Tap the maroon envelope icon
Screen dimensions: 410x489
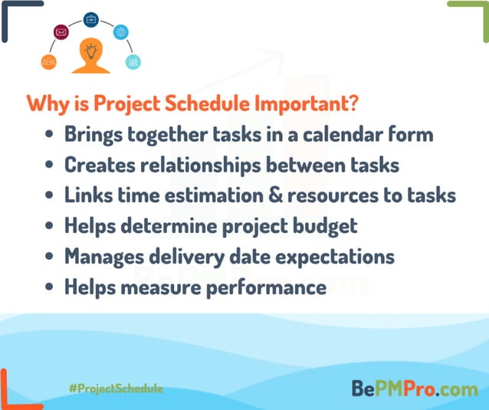(x=61, y=32)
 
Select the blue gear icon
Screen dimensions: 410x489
(x=121, y=32)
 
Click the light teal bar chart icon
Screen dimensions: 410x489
(x=133, y=61)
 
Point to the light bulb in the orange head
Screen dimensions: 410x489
(x=91, y=51)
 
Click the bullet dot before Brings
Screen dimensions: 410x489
(x=50, y=136)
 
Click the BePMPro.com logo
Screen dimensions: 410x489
(x=414, y=388)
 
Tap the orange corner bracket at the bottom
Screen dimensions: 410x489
(x=11, y=392)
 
